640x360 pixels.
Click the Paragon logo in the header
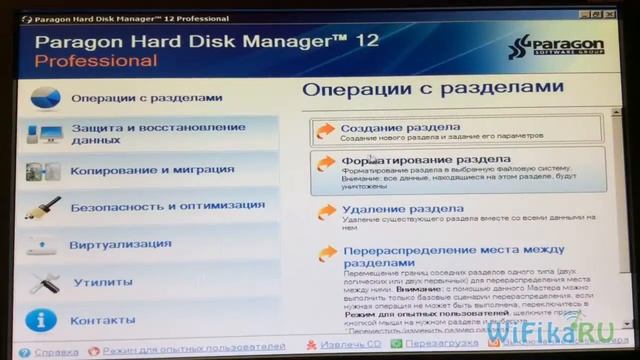click(559, 49)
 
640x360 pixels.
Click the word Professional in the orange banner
click(96, 61)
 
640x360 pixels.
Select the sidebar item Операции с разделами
click(146, 98)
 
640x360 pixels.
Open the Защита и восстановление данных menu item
click(158, 134)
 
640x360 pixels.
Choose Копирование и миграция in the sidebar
click(152, 170)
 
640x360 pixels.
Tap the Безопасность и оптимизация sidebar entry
click(167, 206)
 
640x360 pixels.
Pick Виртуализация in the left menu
click(120, 244)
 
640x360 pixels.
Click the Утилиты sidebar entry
click(102, 282)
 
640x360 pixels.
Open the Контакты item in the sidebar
click(102, 320)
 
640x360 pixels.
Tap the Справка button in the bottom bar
click(55, 352)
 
